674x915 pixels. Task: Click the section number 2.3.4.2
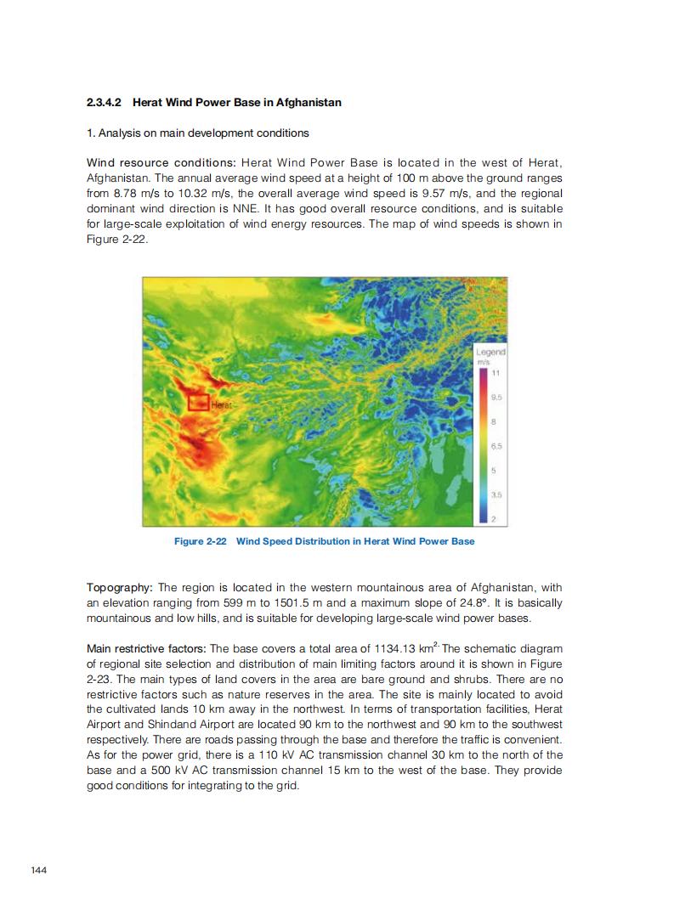(x=105, y=103)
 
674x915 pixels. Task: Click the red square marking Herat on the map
(x=199, y=402)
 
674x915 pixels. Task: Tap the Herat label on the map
(x=220, y=404)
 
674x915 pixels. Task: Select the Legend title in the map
(x=490, y=352)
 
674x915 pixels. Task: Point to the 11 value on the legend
(x=497, y=373)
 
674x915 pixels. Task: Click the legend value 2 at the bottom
(x=495, y=517)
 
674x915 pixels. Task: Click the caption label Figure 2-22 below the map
(x=200, y=541)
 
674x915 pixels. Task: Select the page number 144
(x=38, y=869)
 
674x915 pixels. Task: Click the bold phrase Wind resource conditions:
(x=161, y=162)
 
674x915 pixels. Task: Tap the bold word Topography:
(x=120, y=588)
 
